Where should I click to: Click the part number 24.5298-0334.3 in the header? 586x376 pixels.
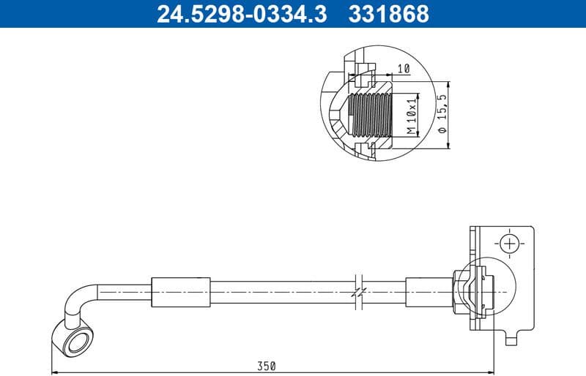click(242, 13)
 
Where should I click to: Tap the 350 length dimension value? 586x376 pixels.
click(267, 366)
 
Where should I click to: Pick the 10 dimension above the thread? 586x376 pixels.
click(402, 69)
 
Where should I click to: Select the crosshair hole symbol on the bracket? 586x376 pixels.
click(508, 243)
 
